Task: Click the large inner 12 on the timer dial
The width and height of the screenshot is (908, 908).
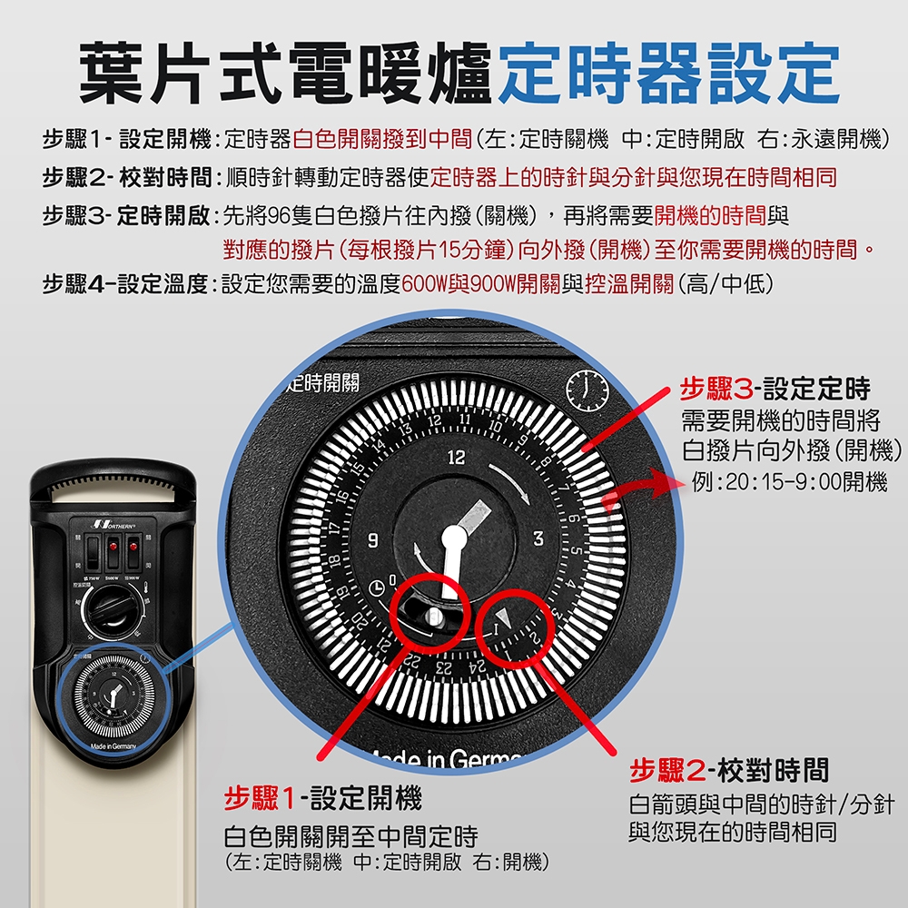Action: pyautogui.click(x=454, y=457)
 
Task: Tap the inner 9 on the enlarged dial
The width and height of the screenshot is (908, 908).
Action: pyautogui.click(x=371, y=541)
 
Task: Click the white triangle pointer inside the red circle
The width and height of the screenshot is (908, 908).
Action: pyautogui.click(x=509, y=618)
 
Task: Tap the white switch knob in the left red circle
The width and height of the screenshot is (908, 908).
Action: pyautogui.click(x=432, y=617)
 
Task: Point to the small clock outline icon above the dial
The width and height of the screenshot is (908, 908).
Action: pyautogui.click(x=585, y=390)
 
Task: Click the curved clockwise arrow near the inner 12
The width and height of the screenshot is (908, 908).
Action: pyautogui.click(x=512, y=481)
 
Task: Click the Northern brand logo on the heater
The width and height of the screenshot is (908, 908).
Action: pyautogui.click(x=113, y=526)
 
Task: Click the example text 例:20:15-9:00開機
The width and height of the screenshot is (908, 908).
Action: pyautogui.click(x=789, y=482)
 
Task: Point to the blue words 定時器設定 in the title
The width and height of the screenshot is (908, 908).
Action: pyautogui.click(x=667, y=74)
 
